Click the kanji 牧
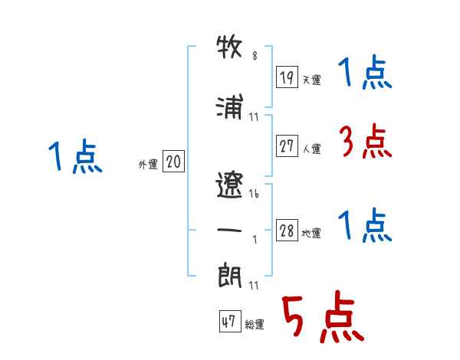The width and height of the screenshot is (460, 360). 229,46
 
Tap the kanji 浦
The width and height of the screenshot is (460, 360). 229,106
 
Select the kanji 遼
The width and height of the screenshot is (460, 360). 229,185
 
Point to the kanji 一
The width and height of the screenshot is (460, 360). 229,230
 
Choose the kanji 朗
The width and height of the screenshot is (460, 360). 229,275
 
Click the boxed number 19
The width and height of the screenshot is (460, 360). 287,77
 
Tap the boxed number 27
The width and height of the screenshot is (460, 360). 287,146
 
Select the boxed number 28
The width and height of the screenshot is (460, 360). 287,230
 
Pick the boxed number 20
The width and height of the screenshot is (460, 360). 173,161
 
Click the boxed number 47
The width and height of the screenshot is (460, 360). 230,321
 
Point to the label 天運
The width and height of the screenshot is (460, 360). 312,80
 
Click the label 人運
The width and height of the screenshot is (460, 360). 312,149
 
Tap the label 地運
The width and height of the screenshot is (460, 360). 311,233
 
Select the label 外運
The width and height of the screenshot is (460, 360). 148,165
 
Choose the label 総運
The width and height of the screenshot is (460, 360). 255,324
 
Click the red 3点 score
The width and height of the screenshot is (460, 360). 366,141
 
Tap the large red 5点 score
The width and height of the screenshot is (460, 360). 323,316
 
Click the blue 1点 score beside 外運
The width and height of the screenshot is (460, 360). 75,156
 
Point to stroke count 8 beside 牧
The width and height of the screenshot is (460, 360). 255,55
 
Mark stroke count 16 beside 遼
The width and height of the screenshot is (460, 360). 254,194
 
